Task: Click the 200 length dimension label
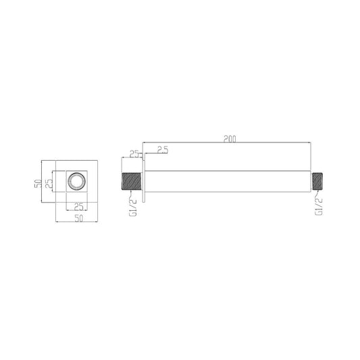pyautogui.click(x=230, y=139)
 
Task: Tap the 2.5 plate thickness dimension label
pyautogui.click(x=163, y=150)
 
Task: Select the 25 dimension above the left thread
pyautogui.click(x=134, y=154)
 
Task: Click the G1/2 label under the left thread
pyautogui.click(x=133, y=207)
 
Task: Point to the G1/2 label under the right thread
pyautogui.click(x=319, y=207)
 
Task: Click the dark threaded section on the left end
pyautogui.click(x=131, y=182)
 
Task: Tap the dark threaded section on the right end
pyautogui.click(x=317, y=182)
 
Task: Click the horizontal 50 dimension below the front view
pyautogui.click(x=78, y=218)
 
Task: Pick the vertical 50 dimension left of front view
pyautogui.click(x=38, y=184)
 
